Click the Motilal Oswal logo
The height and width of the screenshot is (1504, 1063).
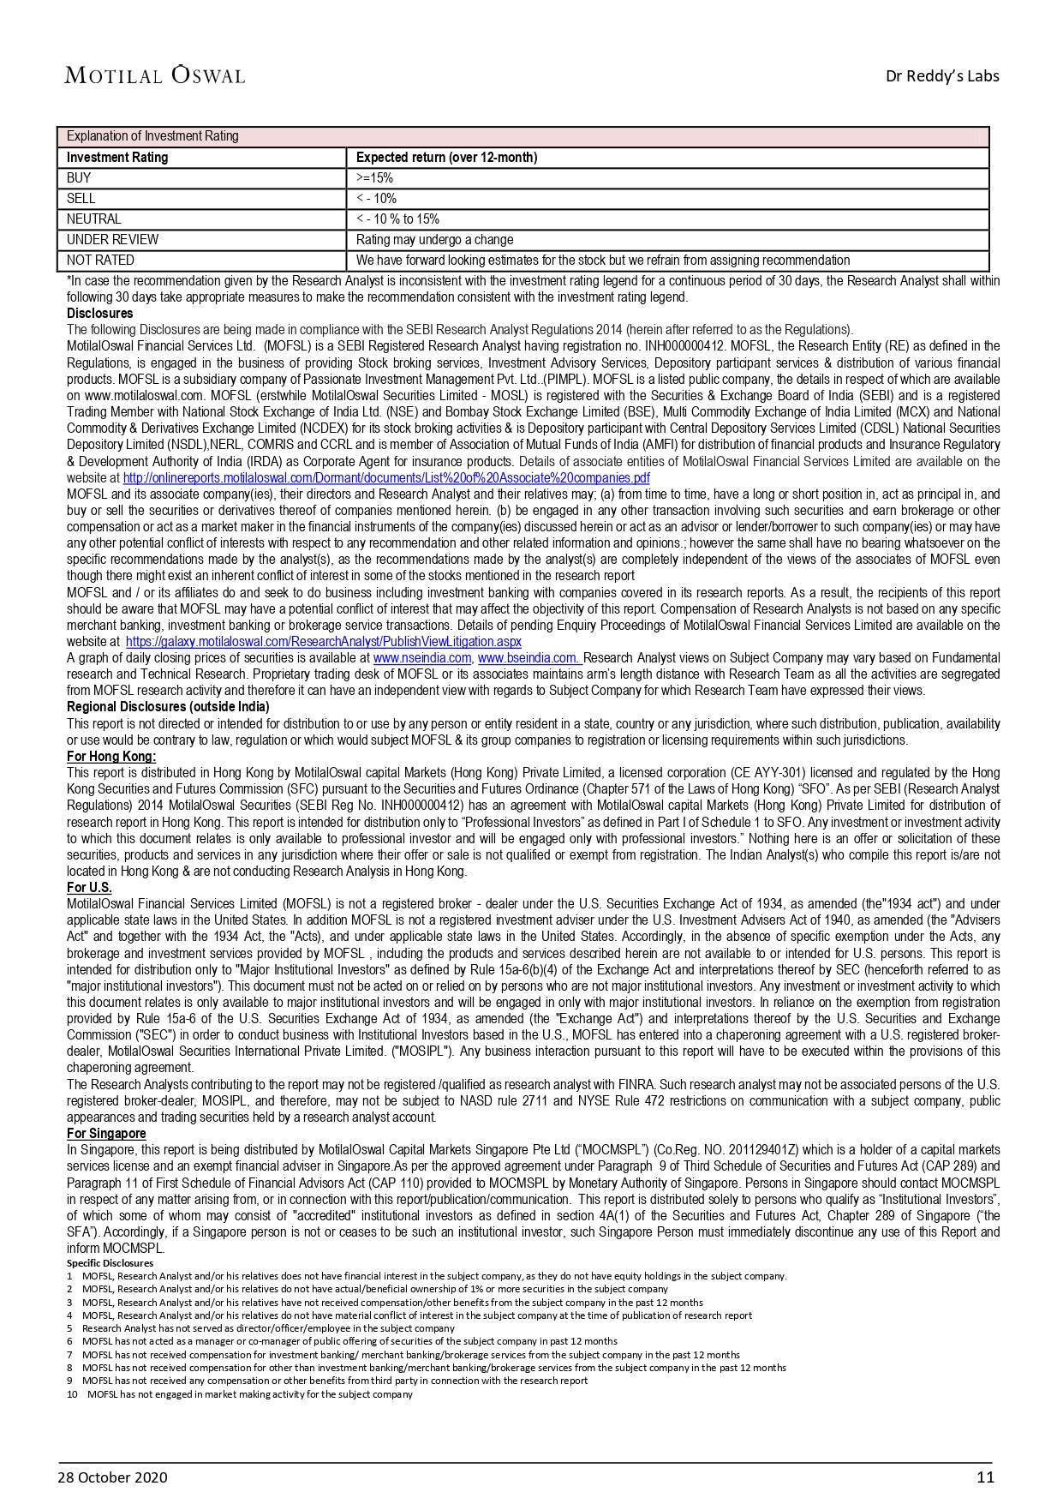154,75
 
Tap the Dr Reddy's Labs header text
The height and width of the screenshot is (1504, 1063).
942,76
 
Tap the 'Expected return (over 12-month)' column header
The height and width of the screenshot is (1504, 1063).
446,158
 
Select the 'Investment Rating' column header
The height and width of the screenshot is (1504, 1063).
117,158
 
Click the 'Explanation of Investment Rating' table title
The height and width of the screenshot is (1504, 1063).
152,136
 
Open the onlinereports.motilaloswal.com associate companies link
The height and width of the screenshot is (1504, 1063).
386,478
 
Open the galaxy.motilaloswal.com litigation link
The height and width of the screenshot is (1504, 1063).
323,642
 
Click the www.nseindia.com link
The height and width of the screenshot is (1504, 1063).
422,658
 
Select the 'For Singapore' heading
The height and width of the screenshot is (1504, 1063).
106,1134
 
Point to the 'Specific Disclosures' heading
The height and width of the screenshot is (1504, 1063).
110,1263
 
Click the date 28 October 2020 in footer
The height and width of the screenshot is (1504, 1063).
112,1477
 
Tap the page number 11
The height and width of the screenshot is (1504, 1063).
985,1477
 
